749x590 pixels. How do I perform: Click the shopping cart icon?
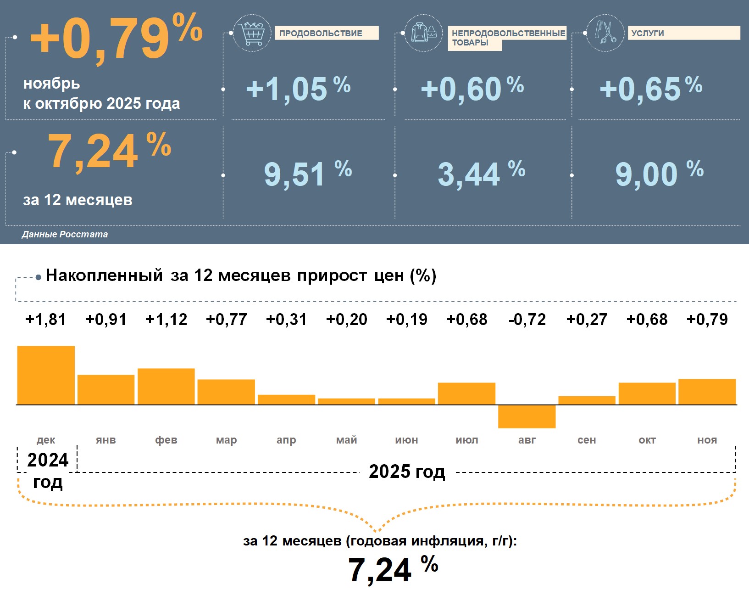coord(252,33)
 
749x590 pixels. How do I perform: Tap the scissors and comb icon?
coord(605,33)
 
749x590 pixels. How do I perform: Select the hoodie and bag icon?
coord(423,33)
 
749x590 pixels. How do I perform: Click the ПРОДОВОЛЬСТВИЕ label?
coord(326,33)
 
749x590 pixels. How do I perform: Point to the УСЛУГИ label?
coord(683,33)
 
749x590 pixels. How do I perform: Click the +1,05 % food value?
coord(298,88)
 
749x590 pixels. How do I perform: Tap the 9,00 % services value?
coord(659,174)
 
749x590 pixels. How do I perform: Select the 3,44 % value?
coord(481,174)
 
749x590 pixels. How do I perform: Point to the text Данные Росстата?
coord(65,234)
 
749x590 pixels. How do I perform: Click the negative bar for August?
coord(527,416)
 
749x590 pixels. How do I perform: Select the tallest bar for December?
coord(46,375)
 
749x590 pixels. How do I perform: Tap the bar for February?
coord(166,386)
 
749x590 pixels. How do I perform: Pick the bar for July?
coord(466,393)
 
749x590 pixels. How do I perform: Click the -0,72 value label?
coord(527,320)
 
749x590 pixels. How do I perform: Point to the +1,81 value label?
coord(45,320)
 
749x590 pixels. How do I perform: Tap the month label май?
coord(346,440)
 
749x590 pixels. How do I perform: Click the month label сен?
coord(587,440)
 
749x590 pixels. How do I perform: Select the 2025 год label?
coord(407,472)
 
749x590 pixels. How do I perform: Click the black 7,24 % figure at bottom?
coord(393,569)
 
